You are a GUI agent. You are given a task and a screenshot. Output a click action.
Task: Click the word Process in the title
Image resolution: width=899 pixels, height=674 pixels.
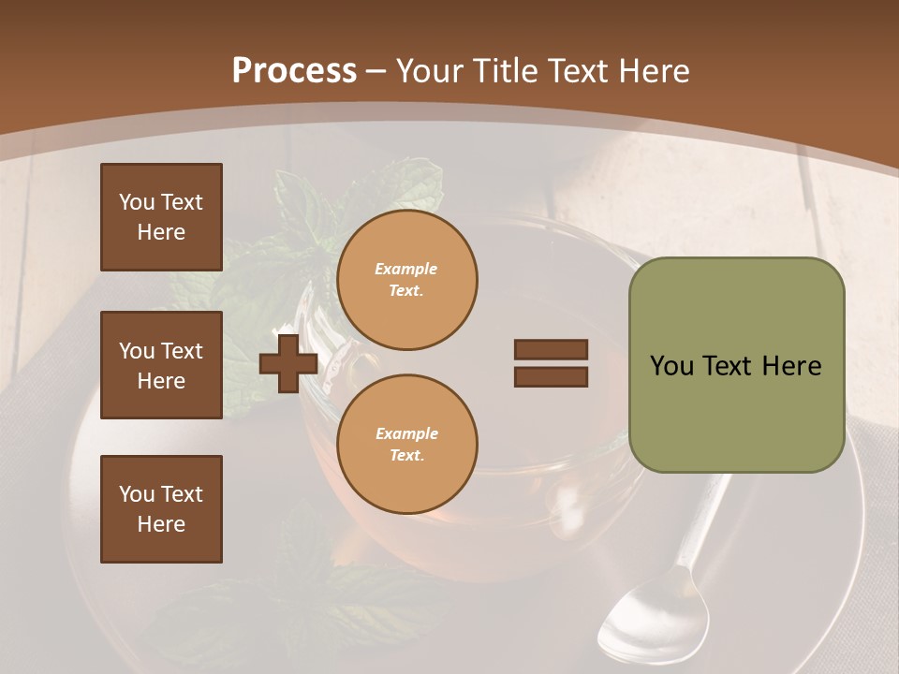pyautogui.click(x=294, y=70)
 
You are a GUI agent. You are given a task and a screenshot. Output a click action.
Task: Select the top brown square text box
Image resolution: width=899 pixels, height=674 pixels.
pyautogui.click(x=161, y=217)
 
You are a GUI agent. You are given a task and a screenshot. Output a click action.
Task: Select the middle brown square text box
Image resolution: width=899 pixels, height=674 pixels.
pyautogui.click(x=161, y=365)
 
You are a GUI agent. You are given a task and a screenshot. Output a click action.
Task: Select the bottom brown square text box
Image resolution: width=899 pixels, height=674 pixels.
pyautogui.click(x=161, y=509)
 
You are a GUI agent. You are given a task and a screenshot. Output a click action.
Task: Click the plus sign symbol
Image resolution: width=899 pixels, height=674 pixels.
pyautogui.click(x=288, y=362)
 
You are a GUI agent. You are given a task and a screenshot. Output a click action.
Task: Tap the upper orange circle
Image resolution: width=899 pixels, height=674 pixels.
pyautogui.click(x=406, y=280)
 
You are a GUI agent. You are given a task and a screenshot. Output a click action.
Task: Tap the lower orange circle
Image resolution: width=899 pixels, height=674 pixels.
pyautogui.click(x=406, y=444)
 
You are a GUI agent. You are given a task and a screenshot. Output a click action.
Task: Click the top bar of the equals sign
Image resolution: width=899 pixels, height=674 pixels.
pyautogui.click(x=551, y=349)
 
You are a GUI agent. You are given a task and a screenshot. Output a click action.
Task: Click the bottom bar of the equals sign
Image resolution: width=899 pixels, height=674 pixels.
pyautogui.click(x=551, y=376)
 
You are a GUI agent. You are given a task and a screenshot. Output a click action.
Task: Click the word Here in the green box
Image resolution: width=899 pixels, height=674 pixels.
pyautogui.click(x=791, y=366)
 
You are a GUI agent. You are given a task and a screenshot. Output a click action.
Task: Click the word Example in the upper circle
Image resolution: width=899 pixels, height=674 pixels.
pyautogui.click(x=406, y=269)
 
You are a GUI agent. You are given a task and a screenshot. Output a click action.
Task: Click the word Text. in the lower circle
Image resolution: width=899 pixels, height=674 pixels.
pyautogui.click(x=406, y=455)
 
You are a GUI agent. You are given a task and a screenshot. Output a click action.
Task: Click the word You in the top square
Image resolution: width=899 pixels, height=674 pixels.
pyautogui.click(x=137, y=202)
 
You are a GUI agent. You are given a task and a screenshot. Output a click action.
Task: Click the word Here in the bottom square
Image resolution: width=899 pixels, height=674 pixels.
pyautogui.click(x=161, y=524)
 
